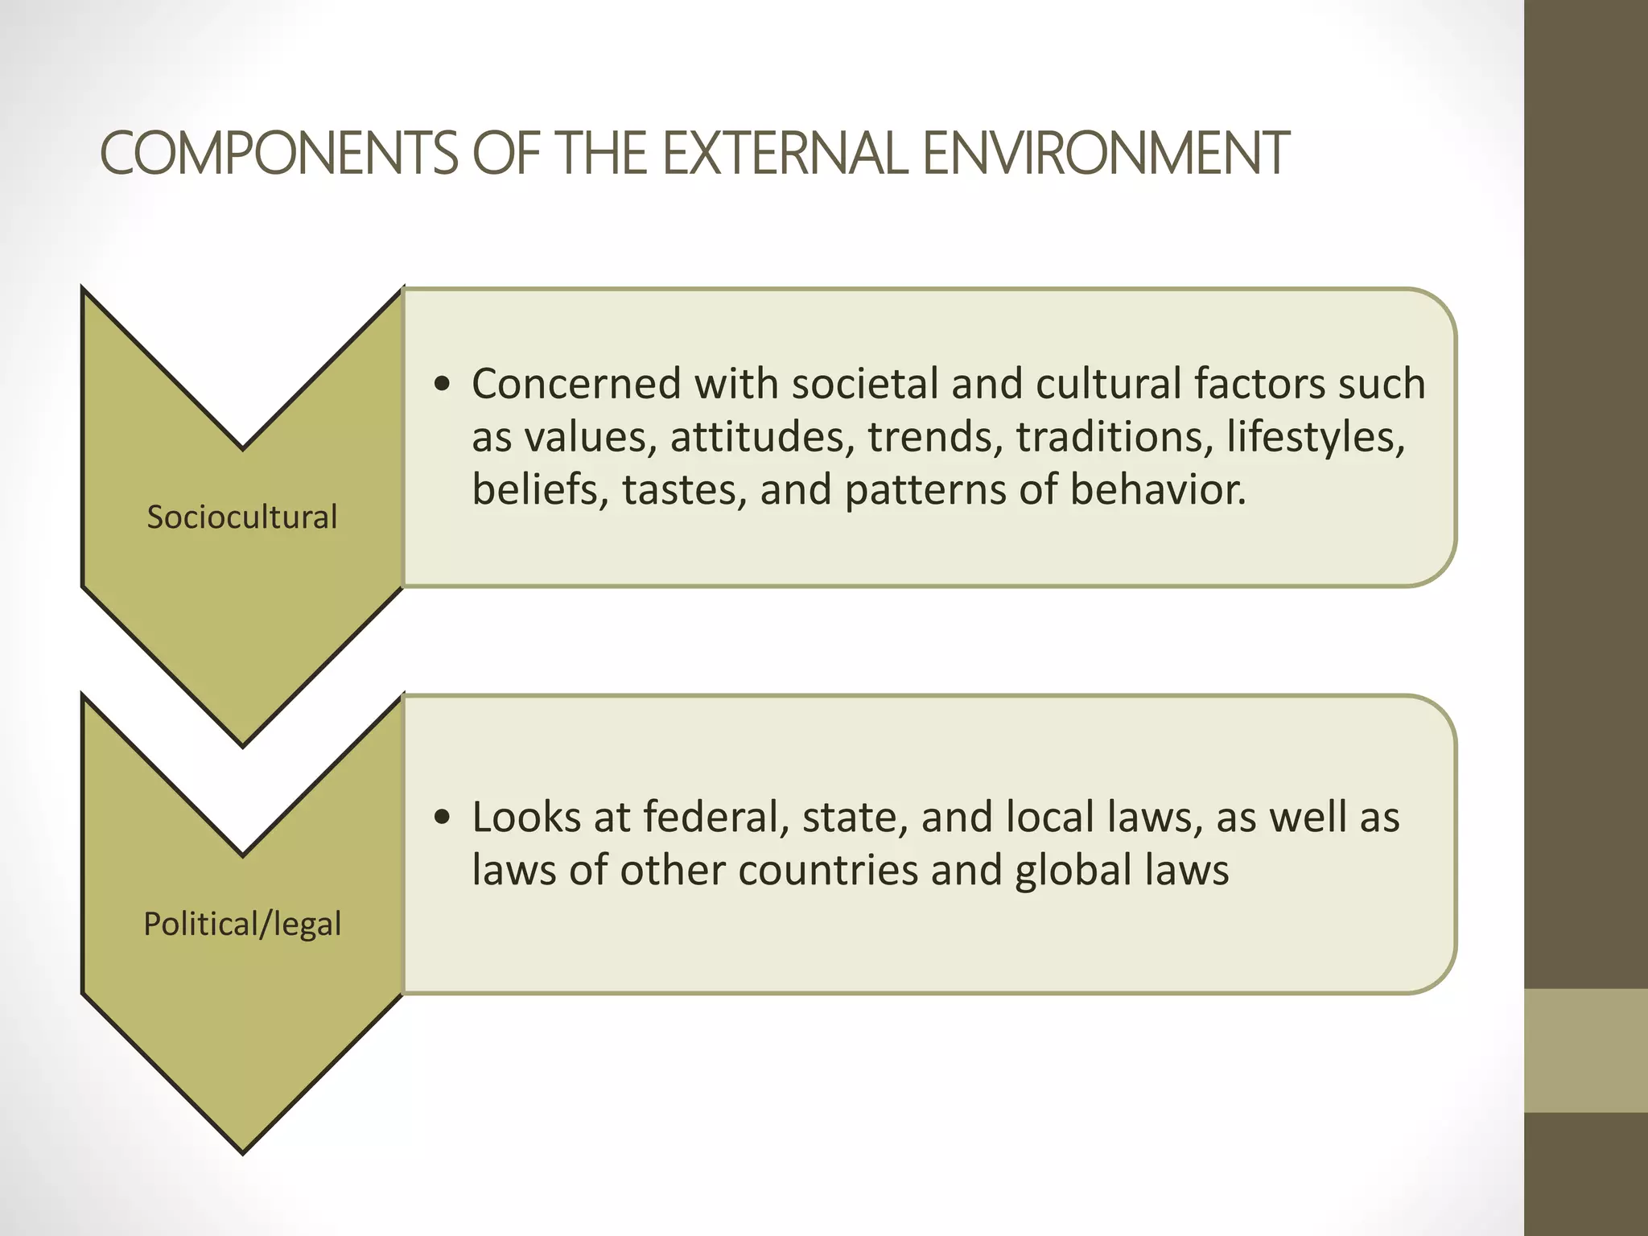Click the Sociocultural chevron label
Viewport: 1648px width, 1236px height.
click(242, 517)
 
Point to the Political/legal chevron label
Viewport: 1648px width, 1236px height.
click(242, 924)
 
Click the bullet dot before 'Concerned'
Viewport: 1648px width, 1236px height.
click(441, 385)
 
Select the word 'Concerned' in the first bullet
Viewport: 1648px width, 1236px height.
click(576, 383)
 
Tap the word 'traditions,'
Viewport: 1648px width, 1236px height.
click(1114, 437)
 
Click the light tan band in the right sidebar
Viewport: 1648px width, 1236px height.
click(1586, 1051)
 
